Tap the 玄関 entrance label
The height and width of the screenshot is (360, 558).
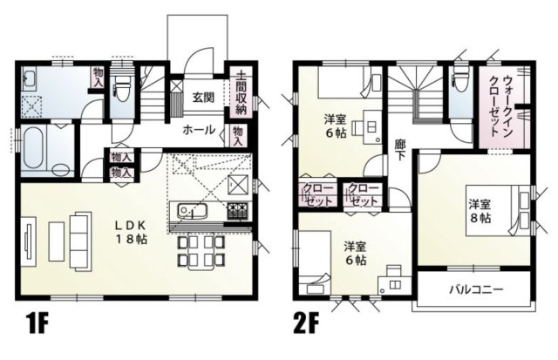(x=204, y=96)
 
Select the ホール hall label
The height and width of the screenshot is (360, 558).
(x=200, y=128)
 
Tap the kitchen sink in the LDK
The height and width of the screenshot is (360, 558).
(x=190, y=211)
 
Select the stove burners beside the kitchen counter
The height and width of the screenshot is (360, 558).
(x=237, y=210)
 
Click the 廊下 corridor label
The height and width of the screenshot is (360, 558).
(x=398, y=149)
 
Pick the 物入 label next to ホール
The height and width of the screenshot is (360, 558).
(x=237, y=135)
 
